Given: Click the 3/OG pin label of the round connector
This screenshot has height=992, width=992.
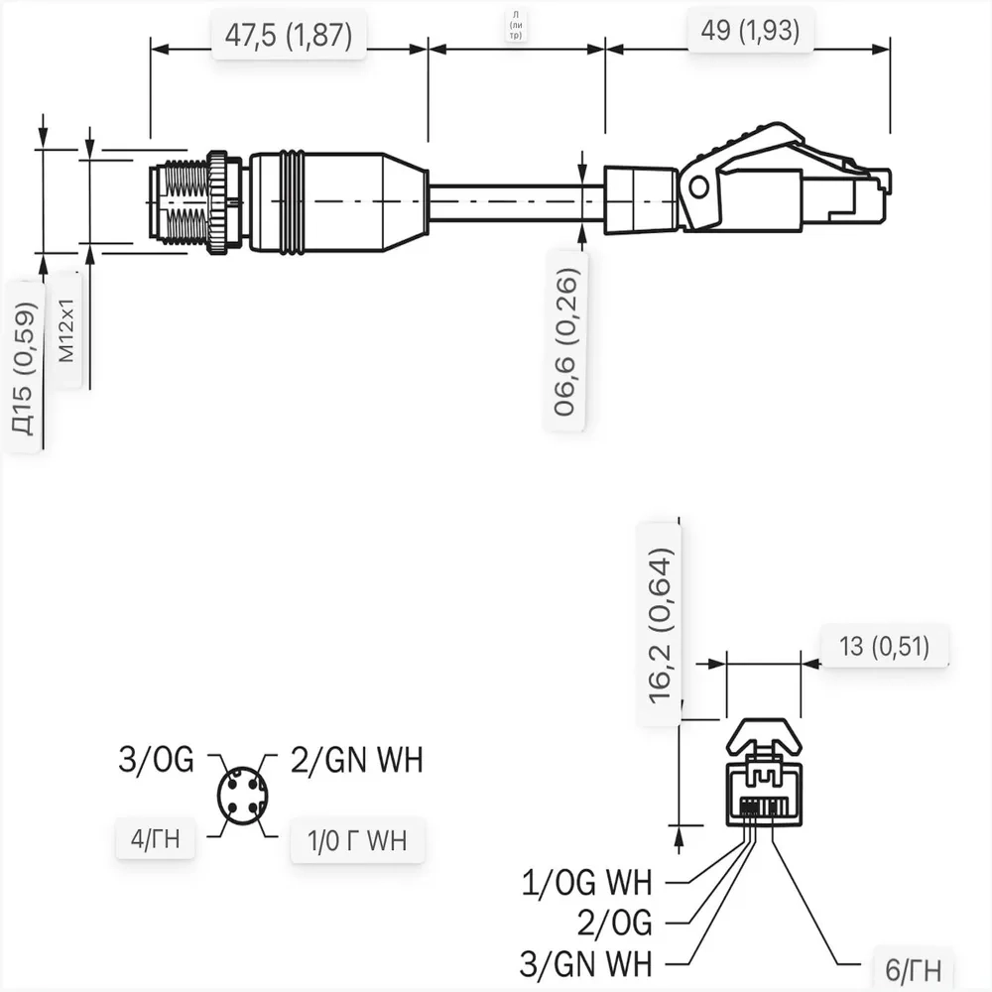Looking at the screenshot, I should (156, 761).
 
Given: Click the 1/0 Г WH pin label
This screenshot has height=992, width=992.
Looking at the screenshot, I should (358, 841).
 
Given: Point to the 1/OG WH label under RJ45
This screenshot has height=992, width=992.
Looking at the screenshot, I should (586, 881).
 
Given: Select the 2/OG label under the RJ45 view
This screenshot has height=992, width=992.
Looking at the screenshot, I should (615, 923).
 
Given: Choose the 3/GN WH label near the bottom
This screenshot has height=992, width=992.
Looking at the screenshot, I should (586, 962).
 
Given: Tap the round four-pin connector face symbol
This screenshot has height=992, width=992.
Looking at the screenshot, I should (242, 796).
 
